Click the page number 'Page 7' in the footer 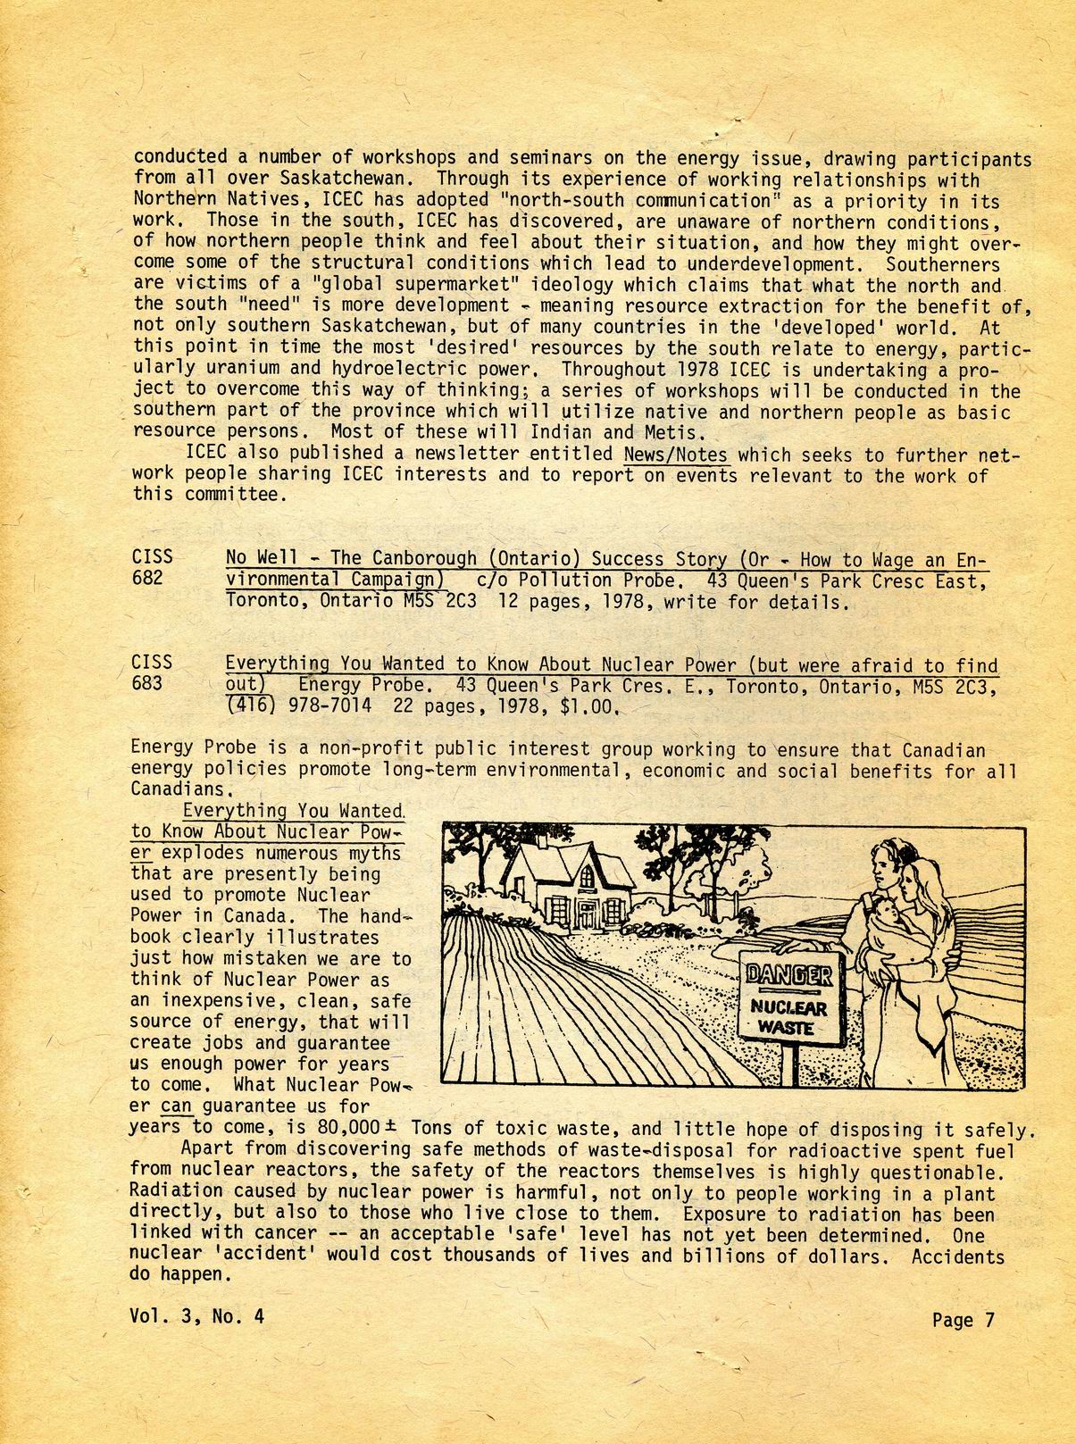(x=962, y=1319)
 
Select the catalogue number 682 (x=147, y=578)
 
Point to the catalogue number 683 (x=147, y=683)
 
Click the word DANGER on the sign (x=788, y=974)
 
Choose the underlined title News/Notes (x=676, y=454)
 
